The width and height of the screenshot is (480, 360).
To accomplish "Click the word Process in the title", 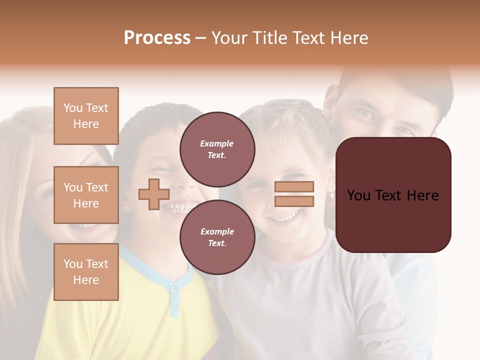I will coord(157,38).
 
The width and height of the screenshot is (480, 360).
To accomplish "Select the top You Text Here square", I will coord(86,116).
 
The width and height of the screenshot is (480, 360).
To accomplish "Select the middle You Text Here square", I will coord(86,195).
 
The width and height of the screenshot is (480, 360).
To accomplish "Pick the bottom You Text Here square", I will coord(86,272).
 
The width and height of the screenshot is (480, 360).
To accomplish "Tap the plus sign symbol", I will coord(154,194).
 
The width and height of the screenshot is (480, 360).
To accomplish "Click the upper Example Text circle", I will coord(217,149).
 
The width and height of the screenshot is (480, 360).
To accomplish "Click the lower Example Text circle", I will coord(217,237).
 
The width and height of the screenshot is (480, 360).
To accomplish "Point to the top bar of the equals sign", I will coord(294,187).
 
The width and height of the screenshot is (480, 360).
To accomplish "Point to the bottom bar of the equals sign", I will coord(294,201).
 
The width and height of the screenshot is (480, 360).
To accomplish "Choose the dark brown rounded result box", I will coord(393,194).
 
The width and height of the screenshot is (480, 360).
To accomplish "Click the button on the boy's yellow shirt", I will coord(173,289).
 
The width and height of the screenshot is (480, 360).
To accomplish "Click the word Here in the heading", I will coord(347,38).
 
